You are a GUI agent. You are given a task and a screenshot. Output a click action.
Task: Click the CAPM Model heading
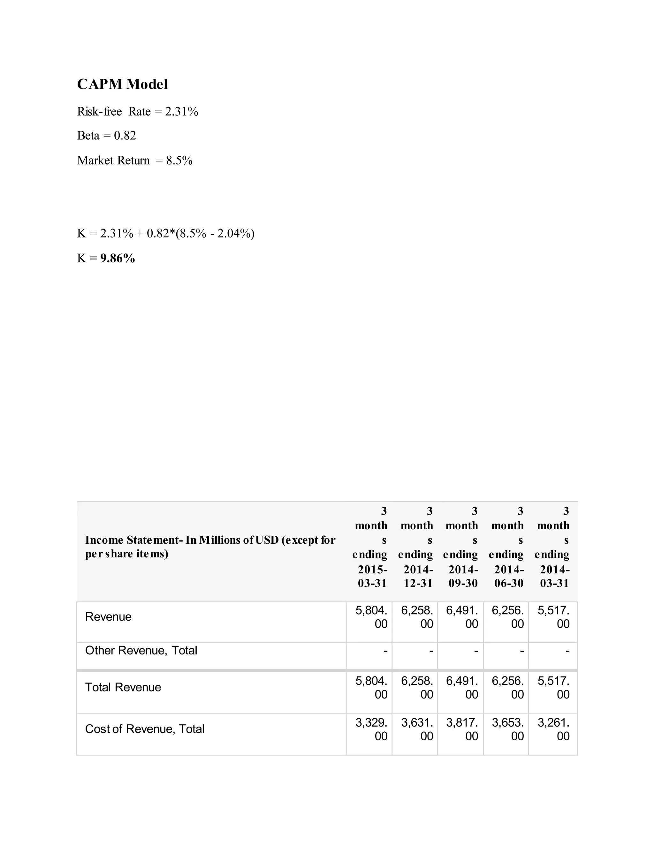(122, 84)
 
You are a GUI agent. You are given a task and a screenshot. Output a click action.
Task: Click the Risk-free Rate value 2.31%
(182, 111)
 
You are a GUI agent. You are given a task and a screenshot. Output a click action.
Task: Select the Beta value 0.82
(125, 136)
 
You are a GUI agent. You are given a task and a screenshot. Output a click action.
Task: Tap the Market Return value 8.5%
(179, 160)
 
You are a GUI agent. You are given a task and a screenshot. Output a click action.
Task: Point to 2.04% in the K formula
(234, 234)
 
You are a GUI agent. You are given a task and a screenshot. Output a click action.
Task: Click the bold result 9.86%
(118, 258)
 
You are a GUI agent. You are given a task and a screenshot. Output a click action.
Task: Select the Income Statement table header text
(210, 547)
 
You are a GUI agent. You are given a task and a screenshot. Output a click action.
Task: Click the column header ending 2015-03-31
(371, 547)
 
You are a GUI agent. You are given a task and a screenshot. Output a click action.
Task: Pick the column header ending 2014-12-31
(416, 547)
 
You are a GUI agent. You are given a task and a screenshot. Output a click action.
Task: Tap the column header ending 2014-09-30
(461, 547)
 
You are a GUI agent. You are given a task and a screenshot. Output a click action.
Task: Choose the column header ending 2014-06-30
(507, 547)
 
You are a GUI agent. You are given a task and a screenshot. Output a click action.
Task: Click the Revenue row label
(108, 617)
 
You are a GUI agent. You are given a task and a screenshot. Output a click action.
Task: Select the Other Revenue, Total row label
(141, 650)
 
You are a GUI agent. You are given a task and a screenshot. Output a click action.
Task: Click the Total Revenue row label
(123, 687)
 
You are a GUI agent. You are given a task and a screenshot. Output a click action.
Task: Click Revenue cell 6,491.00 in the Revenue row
(462, 617)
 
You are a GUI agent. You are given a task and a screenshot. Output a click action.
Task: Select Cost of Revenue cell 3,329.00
(371, 729)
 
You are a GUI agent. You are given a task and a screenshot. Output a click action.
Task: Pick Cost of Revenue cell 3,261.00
(554, 729)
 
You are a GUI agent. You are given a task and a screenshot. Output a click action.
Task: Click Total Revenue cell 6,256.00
(507, 688)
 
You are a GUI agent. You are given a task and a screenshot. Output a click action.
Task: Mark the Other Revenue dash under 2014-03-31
(567, 652)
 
